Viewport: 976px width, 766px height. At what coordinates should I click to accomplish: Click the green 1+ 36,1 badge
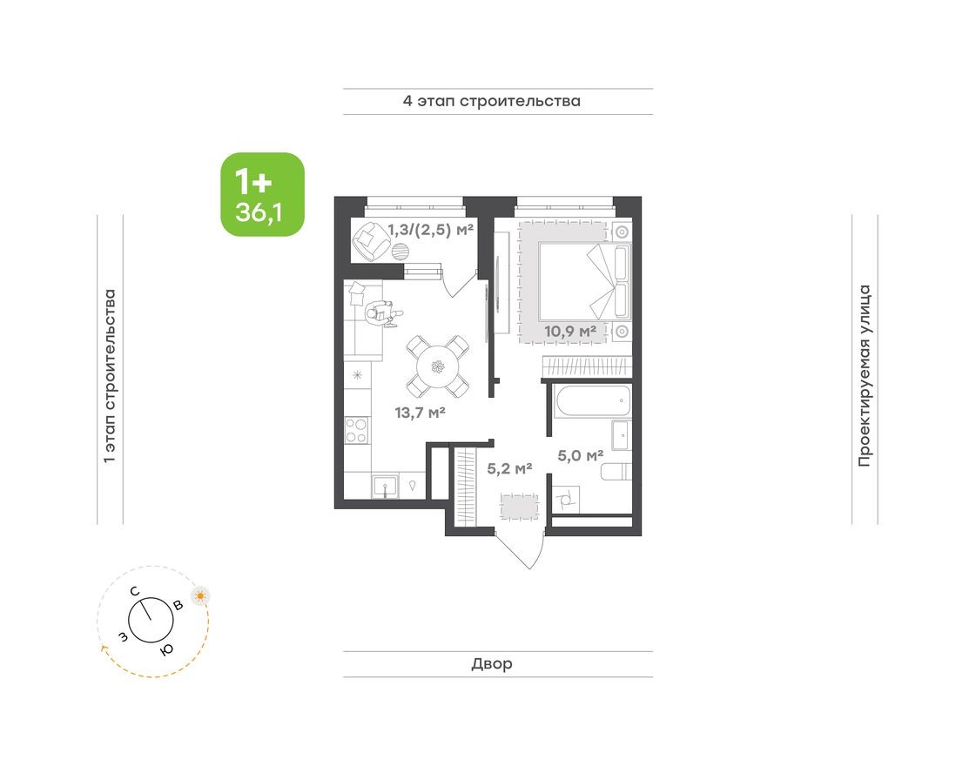tap(262, 194)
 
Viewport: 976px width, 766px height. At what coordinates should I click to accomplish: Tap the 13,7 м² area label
tap(420, 413)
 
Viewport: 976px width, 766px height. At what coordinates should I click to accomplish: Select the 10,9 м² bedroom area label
tap(570, 332)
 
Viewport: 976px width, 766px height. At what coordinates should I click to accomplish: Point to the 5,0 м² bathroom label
tap(581, 455)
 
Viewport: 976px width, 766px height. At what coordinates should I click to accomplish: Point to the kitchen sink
tap(384, 485)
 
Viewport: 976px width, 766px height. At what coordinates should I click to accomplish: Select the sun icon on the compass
tap(201, 596)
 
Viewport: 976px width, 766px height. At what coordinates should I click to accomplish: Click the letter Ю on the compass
tap(165, 649)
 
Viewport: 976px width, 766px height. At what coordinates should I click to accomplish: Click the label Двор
tap(492, 664)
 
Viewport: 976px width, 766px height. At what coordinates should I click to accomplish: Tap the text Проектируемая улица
tap(864, 375)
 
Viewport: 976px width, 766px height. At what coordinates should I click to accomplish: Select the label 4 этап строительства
tap(491, 101)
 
